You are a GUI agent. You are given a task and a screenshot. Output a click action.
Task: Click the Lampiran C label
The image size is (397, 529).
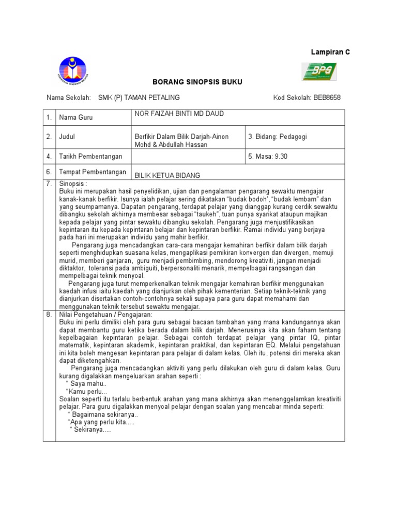coord(330,53)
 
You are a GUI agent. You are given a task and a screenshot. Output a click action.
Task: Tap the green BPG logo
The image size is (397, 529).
coord(319,72)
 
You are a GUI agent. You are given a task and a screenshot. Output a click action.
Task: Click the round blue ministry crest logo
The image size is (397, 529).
coord(73,70)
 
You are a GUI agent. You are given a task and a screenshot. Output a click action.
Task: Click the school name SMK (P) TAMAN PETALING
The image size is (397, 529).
coord(139,97)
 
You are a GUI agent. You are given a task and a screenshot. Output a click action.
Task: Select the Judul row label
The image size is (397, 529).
coord(67,137)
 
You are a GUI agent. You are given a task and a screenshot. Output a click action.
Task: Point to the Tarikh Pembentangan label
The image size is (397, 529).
coord(91,156)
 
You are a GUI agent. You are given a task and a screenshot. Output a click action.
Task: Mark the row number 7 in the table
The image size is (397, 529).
coord(49,183)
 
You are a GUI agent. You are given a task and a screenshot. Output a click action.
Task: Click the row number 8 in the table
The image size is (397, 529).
coord(49,314)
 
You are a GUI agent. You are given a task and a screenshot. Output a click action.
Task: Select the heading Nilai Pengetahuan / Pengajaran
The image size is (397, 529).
coord(105,314)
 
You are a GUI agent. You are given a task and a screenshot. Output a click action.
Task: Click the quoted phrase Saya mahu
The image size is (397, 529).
coord(87,384)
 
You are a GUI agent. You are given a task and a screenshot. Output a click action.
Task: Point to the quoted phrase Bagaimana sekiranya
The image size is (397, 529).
coord(103,415)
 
